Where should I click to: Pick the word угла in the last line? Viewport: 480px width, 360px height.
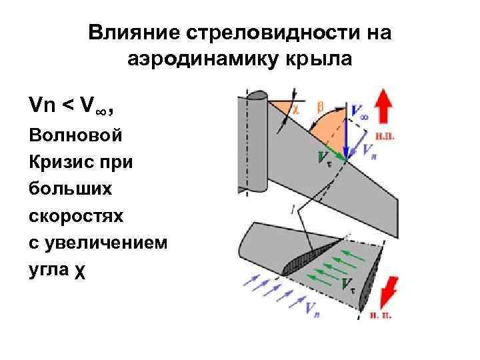tap(50, 271)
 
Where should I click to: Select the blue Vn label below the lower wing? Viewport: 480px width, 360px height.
tap(312, 307)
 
